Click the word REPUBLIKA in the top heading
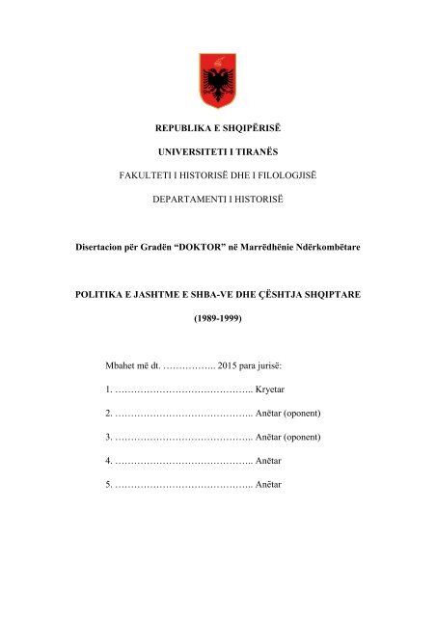click(188, 126)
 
